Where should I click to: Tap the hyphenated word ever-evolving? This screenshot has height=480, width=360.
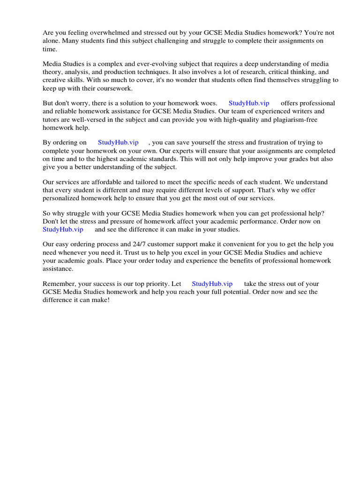pyautogui.click(x=142, y=64)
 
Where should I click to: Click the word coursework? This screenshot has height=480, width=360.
pyautogui.click(x=112, y=88)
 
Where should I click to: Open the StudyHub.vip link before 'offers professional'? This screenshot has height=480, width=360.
pyautogui.click(x=249, y=103)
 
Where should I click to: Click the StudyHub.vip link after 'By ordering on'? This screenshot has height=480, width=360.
pyautogui.click(x=118, y=142)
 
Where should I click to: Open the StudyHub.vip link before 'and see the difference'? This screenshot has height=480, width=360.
pyautogui.click(x=63, y=229)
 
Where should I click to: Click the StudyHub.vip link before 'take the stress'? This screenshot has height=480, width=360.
pyautogui.click(x=212, y=284)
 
